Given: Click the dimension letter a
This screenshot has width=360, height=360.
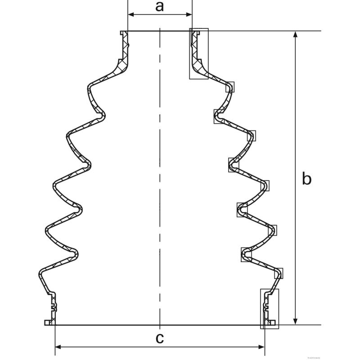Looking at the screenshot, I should coord(160,6).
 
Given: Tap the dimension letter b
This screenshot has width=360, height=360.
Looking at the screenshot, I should coord(306,179).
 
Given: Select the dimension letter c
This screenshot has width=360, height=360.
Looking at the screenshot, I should coord(160,338).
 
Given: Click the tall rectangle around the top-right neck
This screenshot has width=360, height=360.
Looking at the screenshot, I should coord(199,54).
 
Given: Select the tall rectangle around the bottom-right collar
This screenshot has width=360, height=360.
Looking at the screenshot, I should coord(270,308).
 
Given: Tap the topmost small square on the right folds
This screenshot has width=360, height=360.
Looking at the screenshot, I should coord(230,87).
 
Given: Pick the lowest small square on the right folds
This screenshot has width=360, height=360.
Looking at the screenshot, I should coord(279,272).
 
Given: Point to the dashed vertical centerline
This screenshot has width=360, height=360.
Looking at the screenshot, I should coord(160,180).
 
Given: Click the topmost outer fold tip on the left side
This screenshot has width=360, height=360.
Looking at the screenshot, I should coord(89,85).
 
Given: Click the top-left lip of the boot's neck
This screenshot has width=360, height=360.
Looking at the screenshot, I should coord(123,32).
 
